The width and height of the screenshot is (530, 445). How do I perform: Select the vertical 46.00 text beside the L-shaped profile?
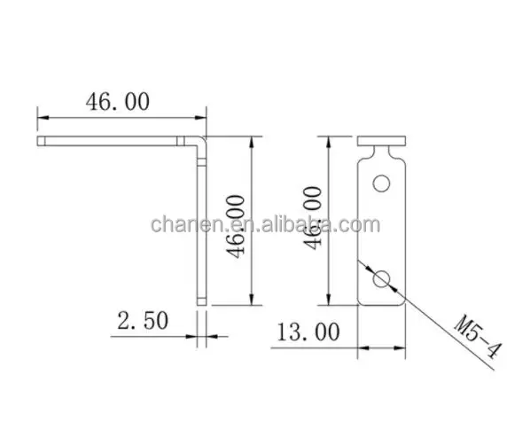237,222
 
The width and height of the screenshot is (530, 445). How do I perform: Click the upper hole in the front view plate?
382,183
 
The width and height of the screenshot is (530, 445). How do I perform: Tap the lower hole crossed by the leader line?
382,278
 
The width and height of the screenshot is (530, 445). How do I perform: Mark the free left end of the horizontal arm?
41,140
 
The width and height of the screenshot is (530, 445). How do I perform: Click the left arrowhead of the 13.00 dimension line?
362,345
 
